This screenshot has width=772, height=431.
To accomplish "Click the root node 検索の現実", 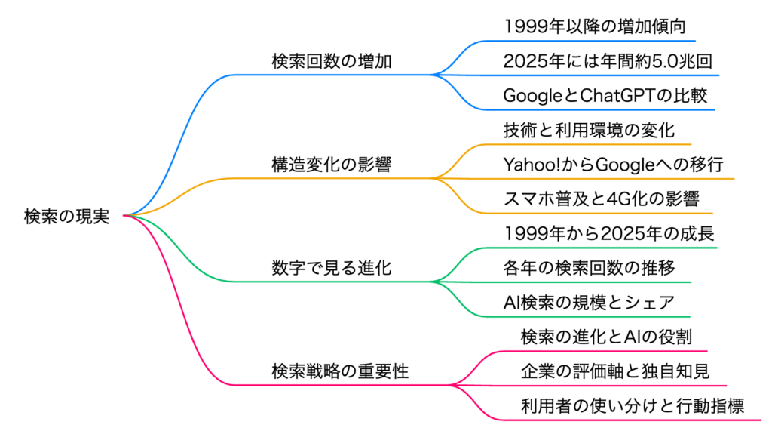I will click(66, 217).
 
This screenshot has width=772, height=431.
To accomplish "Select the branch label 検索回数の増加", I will click(332, 62).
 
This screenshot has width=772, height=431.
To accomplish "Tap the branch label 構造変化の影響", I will click(332, 165).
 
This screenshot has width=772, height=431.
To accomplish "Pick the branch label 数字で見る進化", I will click(332, 268).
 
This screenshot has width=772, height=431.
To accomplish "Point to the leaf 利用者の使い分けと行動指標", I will click(633, 406).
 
